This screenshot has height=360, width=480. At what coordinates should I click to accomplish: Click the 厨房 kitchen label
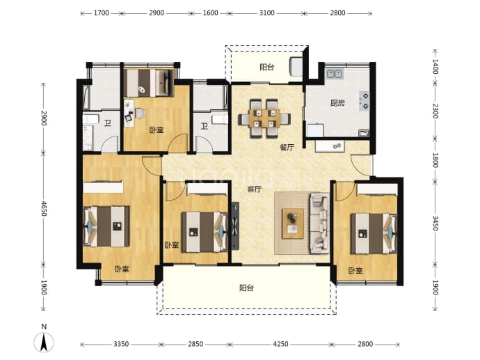(x=337, y=103)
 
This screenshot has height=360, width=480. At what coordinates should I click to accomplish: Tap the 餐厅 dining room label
(x=287, y=148)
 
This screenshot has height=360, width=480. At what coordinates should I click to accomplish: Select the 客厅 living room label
(x=255, y=189)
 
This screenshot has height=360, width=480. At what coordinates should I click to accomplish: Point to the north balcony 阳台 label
(x=267, y=67)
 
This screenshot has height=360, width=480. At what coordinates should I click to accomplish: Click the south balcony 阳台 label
(x=246, y=288)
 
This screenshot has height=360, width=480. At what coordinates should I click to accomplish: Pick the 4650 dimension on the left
(x=44, y=208)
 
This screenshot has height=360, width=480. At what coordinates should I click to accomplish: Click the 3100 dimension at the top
(x=266, y=13)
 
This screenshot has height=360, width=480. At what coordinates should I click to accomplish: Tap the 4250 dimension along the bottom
(x=280, y=344)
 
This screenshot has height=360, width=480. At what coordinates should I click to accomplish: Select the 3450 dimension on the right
(x=435, y=223)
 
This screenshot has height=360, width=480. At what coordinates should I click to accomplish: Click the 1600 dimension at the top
(x=210, y=13)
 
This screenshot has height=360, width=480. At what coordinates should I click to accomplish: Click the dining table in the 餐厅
(x=265, y=118)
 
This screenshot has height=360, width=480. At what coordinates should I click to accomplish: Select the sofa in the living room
(x=320, y=224)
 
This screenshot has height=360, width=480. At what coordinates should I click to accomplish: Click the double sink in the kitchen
(x=335, y=74)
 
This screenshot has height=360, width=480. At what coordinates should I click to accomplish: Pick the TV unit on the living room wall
(x=235, y=226)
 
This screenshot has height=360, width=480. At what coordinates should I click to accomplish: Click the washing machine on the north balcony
(x=296, y=66)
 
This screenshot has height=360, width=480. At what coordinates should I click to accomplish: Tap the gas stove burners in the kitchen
(x=365, y=101)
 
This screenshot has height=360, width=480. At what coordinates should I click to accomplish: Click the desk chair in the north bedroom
(x=140, y=113)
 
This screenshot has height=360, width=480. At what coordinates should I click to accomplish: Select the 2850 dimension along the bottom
(x=195, y=344)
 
